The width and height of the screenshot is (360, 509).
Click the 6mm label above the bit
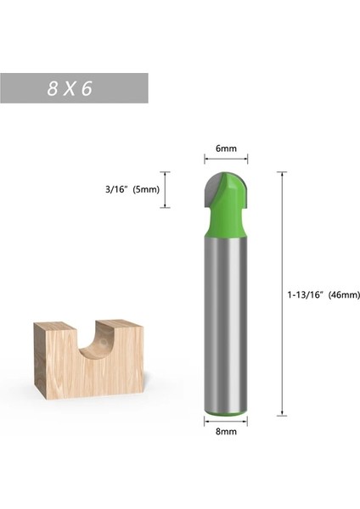pyautogui.click(x=226, y=148)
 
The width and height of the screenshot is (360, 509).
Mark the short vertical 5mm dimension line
pyautogui.click(x=167, y=189)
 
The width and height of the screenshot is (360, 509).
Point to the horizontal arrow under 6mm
pyautogui.click(x=226, y=158)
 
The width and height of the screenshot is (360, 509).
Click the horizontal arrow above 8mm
pyautogui.click(x=226, y=419)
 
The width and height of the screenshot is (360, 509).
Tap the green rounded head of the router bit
pyautogui.click(x=233, y=204)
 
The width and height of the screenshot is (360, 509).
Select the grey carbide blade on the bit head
pyautogui.click(x=212, y=188)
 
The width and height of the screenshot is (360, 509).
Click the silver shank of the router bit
pyautogui.click(x=226, y=322)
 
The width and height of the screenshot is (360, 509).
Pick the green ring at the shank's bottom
pyautogui.click(x=226, y=410)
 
